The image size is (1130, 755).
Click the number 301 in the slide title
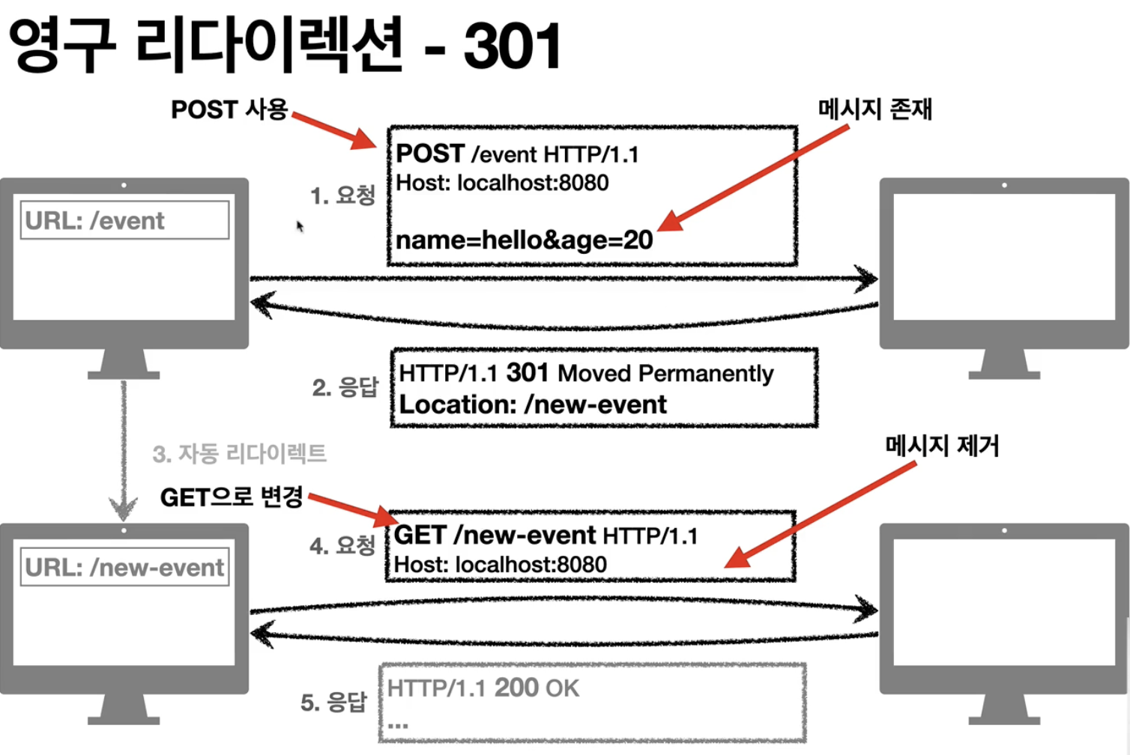pos(512,46)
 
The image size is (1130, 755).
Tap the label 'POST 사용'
pos(229,109)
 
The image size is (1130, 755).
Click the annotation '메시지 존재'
pos(874,109)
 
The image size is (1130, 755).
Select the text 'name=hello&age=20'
pos(524,240)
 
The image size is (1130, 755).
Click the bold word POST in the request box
pos(430,154)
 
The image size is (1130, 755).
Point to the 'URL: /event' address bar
pos(124,220)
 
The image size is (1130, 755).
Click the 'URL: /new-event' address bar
pos(124,567)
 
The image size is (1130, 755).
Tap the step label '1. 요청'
pos(342,195)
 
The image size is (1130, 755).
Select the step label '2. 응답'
pos(345,387)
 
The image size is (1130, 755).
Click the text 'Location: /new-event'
pos(533,404)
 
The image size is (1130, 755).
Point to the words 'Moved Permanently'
pos(665,373)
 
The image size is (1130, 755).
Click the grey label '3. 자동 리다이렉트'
pos(239,453)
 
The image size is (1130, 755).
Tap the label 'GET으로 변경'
pos(231,497)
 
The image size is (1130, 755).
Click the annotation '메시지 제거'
pos(942,446)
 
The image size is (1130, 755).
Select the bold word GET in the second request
pos(420,535)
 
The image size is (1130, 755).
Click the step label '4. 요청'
pos(342,545)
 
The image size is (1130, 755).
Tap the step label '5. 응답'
pos(333,703)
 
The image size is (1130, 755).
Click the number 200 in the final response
pos(516,688)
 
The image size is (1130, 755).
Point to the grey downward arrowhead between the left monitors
pos(124,509)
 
